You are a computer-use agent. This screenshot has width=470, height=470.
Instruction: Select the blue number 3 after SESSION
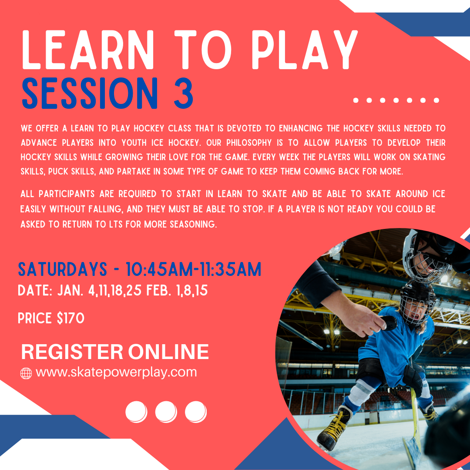182,93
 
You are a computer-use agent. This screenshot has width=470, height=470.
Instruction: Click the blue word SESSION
89,93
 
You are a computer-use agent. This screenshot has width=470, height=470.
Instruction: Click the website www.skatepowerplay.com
116,373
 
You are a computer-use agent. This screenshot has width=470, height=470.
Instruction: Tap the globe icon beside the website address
26,373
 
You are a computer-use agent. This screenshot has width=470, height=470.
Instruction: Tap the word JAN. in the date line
71,291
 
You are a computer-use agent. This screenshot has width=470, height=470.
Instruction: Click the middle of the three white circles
166,412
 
